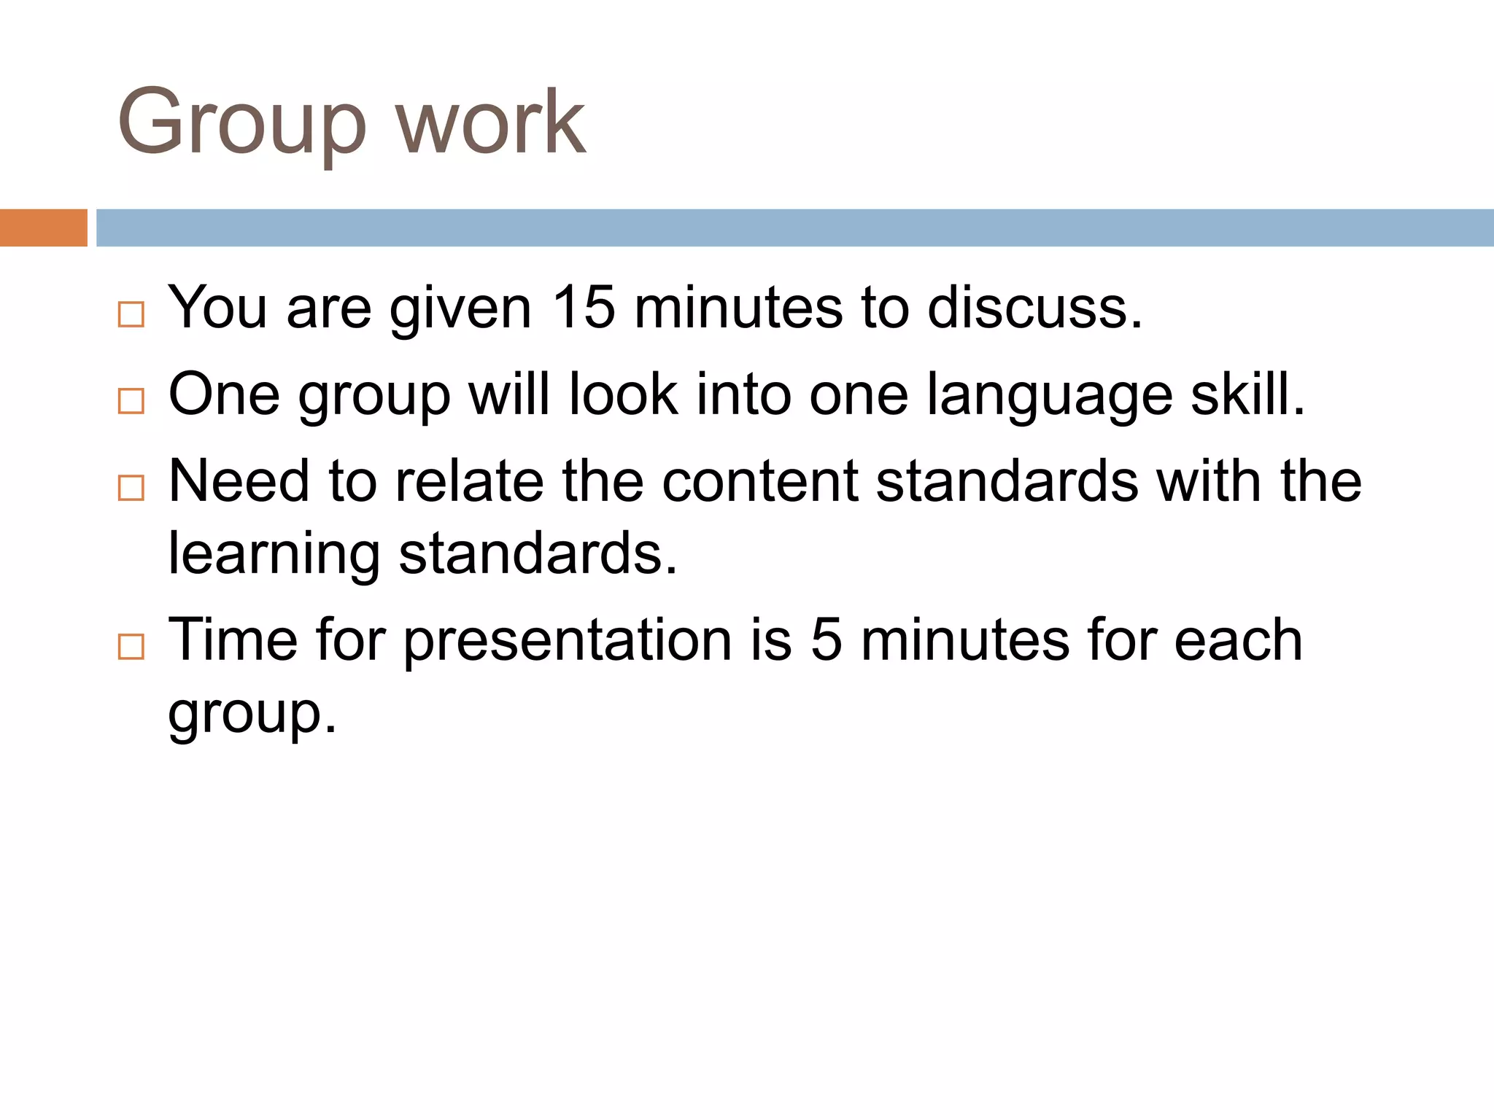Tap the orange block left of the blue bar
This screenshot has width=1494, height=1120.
[x=43, y=227]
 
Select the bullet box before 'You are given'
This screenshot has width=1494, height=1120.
[x=131, y=314]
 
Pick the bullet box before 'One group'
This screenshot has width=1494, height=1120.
[x=131, y=400]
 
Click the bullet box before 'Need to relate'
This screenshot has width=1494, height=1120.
[x=131, y=487]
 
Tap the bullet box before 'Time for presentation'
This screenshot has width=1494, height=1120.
[x=131, y=646]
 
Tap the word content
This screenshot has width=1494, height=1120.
[x=759, y=481]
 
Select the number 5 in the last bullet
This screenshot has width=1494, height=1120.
[x=827, y=639]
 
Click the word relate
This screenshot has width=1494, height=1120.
[x=469, y=481]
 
